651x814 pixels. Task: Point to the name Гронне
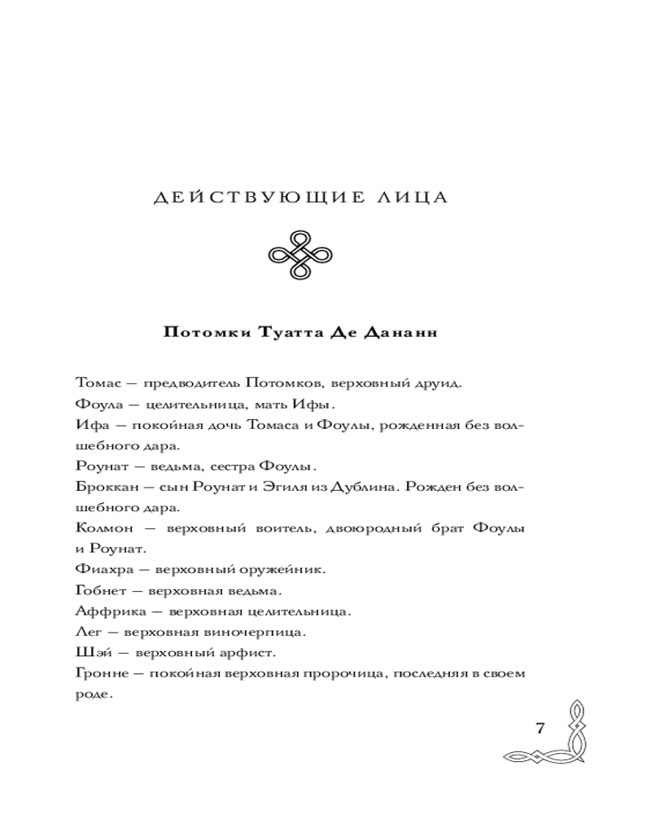point(98,673)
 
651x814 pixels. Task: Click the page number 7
point(541,728)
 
